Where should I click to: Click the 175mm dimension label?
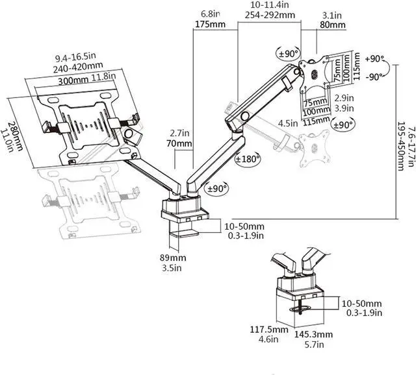coord(210,25)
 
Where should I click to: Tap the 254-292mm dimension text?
coord(270,15)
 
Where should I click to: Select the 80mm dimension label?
coord(333,25)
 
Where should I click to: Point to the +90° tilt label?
coord(374,59)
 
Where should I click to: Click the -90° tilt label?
coord(374,77)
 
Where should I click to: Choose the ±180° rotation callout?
coord(248,159)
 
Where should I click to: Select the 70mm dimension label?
coord(179,143)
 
